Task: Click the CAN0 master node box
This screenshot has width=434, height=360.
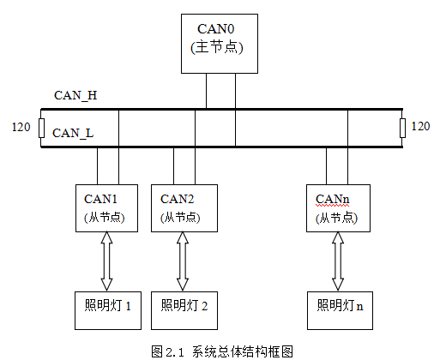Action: point(220,44)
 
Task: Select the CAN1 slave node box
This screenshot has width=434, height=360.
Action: point(106,208)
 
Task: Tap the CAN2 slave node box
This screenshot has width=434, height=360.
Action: point(184,208)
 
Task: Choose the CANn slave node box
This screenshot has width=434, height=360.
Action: point(338,208)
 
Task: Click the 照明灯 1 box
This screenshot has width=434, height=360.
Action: point(108,310)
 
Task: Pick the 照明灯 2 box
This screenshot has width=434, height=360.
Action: point(184,310)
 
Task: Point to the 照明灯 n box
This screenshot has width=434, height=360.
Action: point(340,310)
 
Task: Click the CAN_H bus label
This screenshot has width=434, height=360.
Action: point(75,95)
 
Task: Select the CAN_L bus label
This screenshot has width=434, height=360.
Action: point(73,133)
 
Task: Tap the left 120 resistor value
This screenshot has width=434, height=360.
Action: point(21,127)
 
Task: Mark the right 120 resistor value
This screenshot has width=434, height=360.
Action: point(420,126)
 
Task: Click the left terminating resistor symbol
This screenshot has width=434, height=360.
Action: point(41,128)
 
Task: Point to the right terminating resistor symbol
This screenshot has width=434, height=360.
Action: point(402,128)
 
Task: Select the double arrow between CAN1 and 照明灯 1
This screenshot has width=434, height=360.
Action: point(106,261)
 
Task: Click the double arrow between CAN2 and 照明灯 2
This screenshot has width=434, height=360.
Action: point(183,261)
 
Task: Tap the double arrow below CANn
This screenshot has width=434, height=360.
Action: point(338,261)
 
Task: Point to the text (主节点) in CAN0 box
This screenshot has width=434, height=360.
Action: point(217,47)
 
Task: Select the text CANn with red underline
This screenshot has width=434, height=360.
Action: point(333,199)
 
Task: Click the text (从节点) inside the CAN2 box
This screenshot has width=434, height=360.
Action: point(180,218)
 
